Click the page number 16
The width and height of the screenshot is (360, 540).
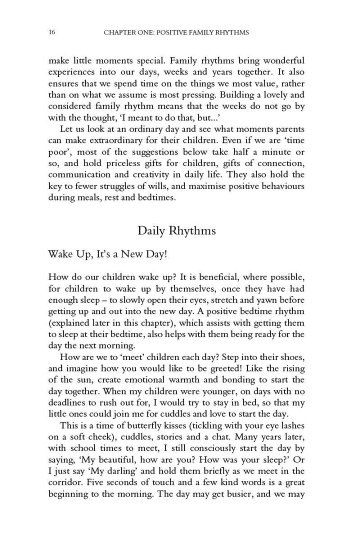[52, 32]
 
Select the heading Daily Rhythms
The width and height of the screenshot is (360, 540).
[176, 231]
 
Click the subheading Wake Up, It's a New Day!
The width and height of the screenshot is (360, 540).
[107, 254]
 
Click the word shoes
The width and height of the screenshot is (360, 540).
[291, 358]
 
